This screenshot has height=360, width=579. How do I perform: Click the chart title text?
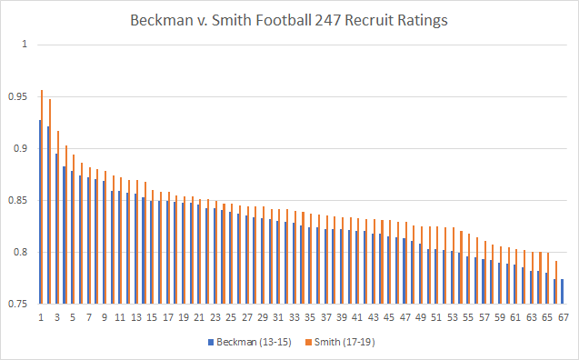tap(290, 20)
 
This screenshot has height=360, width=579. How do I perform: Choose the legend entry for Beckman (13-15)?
tap(245, 342)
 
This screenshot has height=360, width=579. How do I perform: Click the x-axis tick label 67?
tap(563, 318)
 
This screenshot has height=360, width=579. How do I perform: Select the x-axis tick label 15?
tap(151, 318)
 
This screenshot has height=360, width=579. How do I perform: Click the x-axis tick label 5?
tap(72, 318)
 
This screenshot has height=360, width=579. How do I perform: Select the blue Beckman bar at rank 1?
tap(39, 214)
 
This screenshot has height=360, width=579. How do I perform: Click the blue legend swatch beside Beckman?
tap(211, 342)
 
